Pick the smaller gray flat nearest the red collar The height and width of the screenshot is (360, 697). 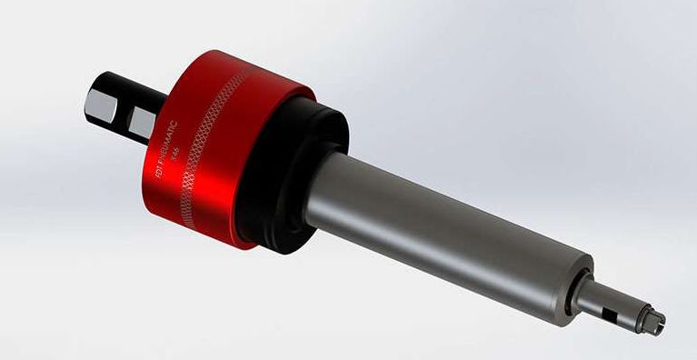pyautogui.click(x=140, y=120)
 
